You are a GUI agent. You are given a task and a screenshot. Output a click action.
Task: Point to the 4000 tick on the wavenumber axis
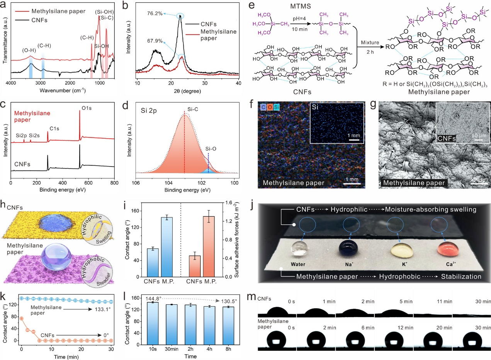11,83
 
